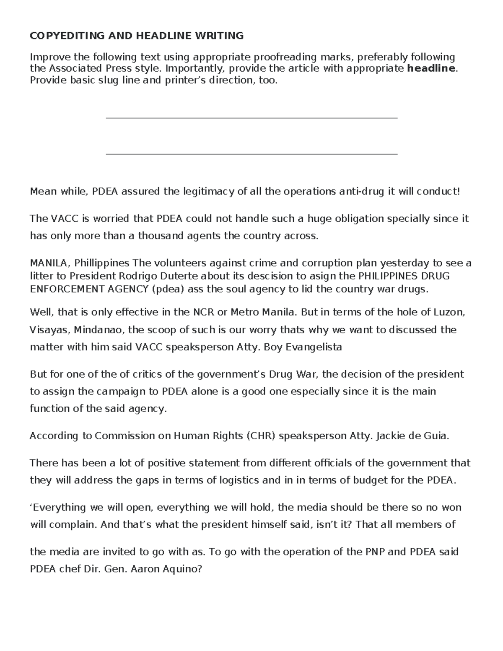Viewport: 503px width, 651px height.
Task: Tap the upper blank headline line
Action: tap(251, 118)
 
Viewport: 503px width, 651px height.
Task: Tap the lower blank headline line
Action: tap(251, 154)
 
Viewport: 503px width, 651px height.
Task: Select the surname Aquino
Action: tap(185, 570)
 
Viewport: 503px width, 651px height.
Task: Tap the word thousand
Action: tap(161, 236)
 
